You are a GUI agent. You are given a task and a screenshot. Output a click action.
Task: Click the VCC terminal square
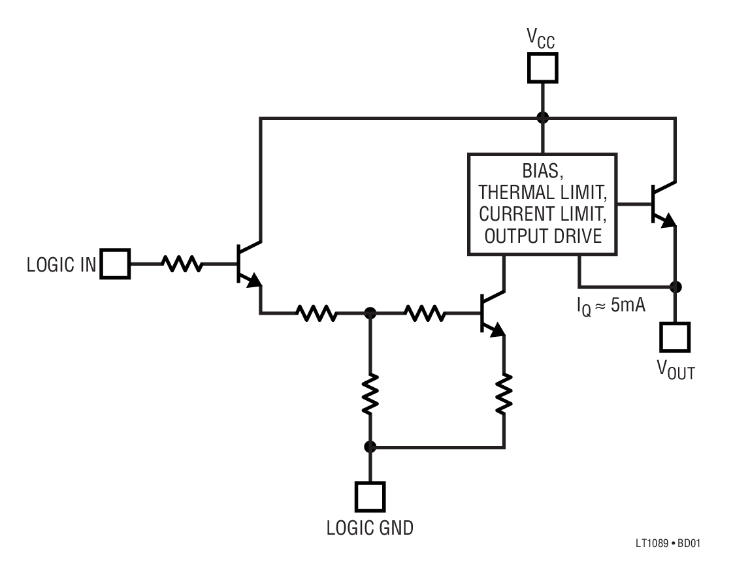pyautogui.click(x=542, y=67)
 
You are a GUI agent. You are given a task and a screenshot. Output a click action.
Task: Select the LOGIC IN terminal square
pyautogui.click(x=115, y=264)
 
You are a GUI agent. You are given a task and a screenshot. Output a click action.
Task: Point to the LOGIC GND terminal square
pyautogui.click(x=370, y=497)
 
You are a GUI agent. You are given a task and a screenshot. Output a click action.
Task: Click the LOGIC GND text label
pyautogui.click(x=370, y=528)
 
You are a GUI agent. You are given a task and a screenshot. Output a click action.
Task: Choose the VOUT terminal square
pyautogui.click(x=675, y=337)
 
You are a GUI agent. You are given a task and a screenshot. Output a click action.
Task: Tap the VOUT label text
pyautogui.click(x=676, y=370)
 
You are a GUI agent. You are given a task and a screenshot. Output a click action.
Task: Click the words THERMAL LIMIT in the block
pyautogui.click(x=542, y=193)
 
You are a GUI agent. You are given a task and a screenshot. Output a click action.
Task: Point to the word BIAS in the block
pyautogui.click(x=542, y=172)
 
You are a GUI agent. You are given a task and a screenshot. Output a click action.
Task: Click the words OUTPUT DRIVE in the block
pyautogui.click(x=542, y=236)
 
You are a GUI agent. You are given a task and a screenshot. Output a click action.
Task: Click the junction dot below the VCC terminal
pyautogui.click(x=542, y=118)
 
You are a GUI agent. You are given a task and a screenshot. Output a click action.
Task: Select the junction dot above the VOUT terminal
pyautogui.click(x=675, y=287)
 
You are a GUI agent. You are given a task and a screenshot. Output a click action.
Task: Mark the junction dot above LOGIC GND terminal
pyautogui.click(x=370, y=447)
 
